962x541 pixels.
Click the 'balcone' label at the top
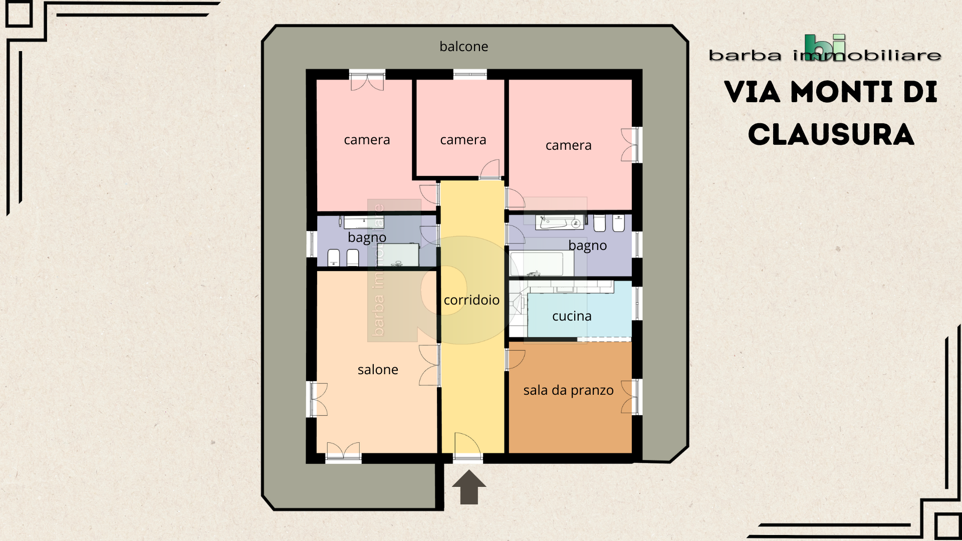point(463,47)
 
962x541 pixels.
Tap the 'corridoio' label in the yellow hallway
point(471,300)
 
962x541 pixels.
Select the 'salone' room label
point(378,370)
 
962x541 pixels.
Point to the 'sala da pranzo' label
point(568,390)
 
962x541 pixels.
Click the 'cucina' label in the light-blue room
point(572,316)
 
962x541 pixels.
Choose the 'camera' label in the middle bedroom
point(463,140)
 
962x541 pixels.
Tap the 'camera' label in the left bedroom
point(367,140)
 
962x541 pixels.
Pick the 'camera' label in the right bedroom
point(568,145)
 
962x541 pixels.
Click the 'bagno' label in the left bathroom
point(367,237)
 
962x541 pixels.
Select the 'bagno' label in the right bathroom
point(587,245)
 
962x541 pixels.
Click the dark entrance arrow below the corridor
point(469,487)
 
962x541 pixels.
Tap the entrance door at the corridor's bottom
point(468,446)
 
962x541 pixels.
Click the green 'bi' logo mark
point(825,47)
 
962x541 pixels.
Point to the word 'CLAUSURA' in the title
point(831,135)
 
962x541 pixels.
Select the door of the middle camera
point(490,169)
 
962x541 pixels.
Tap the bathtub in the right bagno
point(542,263)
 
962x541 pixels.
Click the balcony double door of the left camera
point(367,81)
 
